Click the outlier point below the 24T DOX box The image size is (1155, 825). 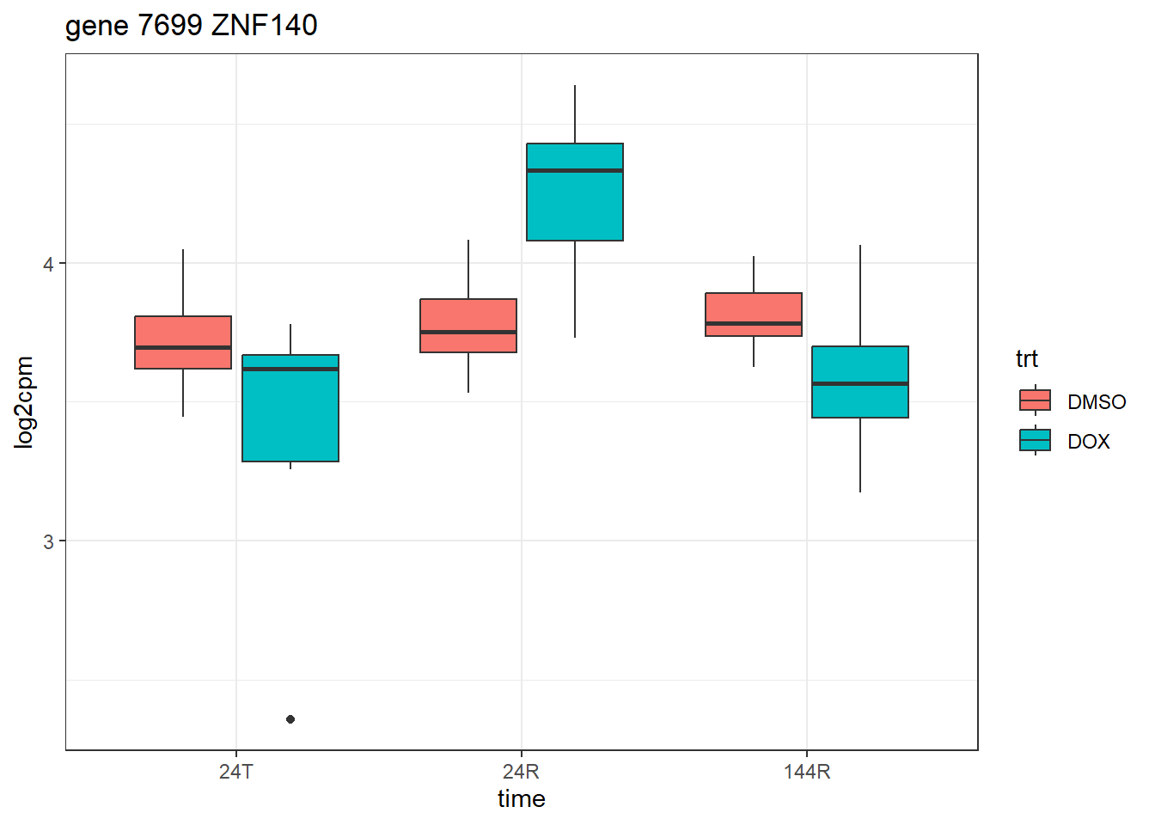click(x=290, y=719)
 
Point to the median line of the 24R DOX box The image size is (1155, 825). click(x=575, y=171)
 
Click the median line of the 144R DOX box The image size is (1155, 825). click(x=860, y=383)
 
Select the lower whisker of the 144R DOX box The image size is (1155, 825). click(x=860, y=455)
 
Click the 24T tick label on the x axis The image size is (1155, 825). click(x=236, y=772)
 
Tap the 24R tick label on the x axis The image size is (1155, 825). click(x=522, y=772)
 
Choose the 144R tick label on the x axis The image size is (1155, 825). click(x=807, y=772)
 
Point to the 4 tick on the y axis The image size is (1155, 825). click(x=49, y=264)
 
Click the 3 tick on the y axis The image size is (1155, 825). click(x=49, y=541)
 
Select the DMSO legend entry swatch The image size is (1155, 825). click(x=1035, y=400)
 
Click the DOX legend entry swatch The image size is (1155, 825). click(x=1035, y=440)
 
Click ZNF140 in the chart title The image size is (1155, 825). click(x=264, y=26)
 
